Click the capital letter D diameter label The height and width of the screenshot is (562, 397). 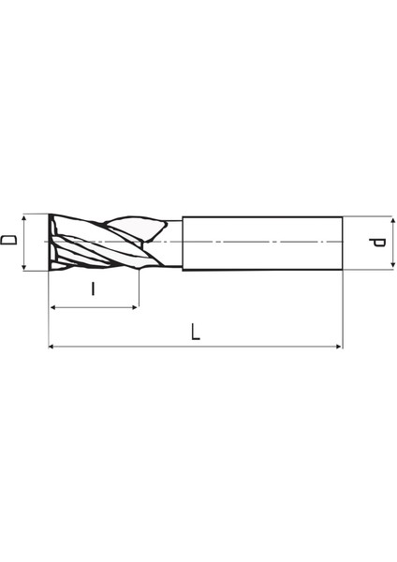(8, 242)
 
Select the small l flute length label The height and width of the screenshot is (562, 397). (93, 288)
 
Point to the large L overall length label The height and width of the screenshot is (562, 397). (195, 331)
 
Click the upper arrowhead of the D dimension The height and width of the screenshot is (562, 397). (24, 216)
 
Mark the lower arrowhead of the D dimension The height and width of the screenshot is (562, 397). (24, 267)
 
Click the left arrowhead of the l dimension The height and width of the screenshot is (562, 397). (52, 307)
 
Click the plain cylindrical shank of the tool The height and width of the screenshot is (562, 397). (262, 243)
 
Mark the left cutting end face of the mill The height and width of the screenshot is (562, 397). (49, 242)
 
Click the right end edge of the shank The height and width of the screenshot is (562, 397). (343, 243)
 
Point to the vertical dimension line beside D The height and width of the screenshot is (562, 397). (24, 242)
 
